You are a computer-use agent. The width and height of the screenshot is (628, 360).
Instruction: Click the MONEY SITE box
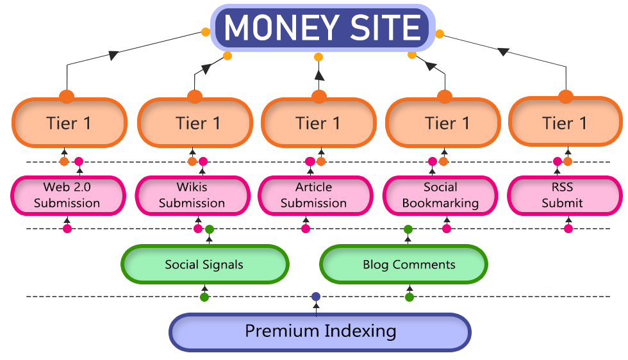[x=323, y=28]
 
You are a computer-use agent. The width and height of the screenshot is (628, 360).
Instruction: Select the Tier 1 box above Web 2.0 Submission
[x=69, y=123]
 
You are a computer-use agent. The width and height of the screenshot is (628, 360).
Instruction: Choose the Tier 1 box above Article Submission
[x=318, y=123]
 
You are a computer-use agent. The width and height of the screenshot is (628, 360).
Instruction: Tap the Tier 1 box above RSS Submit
[x=564, y=123]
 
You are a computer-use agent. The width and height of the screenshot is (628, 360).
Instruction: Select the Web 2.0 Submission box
[x=67, y=195]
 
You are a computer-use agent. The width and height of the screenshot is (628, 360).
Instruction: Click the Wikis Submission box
[x=192, y=195]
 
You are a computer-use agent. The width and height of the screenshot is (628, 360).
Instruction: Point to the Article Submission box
[x=314, y=195]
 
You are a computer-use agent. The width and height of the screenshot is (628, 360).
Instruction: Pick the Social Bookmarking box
[x=440, y=195]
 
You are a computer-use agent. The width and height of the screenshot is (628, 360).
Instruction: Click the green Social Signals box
[x=204, y=265]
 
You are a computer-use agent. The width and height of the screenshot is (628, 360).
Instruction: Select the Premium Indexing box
[x=320, y=332]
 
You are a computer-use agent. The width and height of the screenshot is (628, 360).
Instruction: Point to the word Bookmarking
[x=440, y=203]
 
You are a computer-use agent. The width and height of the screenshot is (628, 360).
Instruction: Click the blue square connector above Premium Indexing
[x=315, y=296]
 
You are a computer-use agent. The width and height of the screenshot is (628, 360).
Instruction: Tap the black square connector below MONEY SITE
[x=319, y=75]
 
